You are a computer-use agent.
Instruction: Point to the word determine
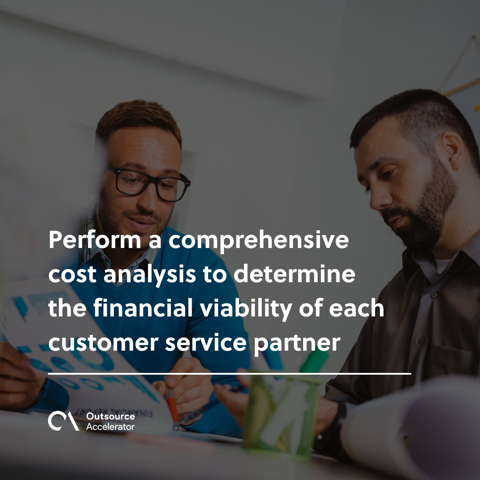[294, 276]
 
